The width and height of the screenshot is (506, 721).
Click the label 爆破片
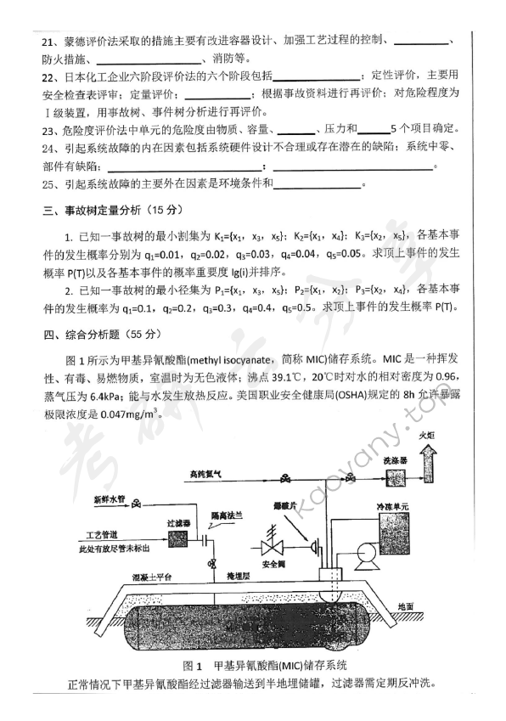(295, 505)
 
